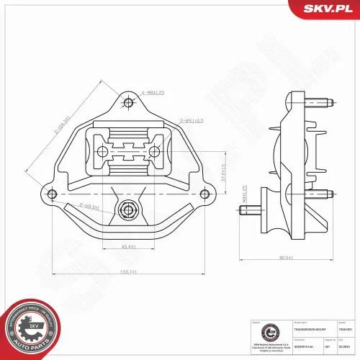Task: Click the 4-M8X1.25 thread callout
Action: tap(153, 93)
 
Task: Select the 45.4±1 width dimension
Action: tap(130, 248)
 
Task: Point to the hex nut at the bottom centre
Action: tap(128, 210)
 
